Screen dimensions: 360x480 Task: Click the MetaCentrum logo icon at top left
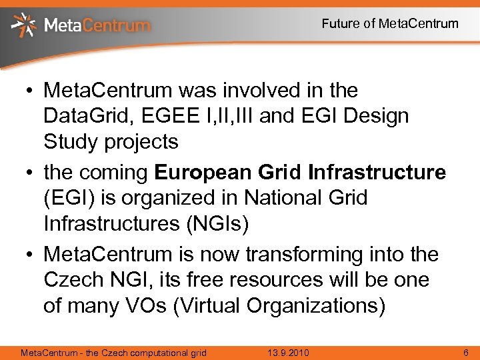pyautogui.click(x=24, y=25)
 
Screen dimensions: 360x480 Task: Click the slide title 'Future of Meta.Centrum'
pyautogui.click(x=390, y=24)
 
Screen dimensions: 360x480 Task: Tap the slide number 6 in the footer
pyautogui.click(x=465, y=352)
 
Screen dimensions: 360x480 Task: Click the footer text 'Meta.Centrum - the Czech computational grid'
pyautogui.click(x=114, y=352)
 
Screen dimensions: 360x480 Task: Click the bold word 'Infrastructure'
pyautogui.click(x=377, y=173)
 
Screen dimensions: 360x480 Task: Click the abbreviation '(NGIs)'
pyautogui.click(x=213, y=225)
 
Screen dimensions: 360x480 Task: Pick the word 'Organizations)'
pyautogui.click(x=316, y=306)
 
